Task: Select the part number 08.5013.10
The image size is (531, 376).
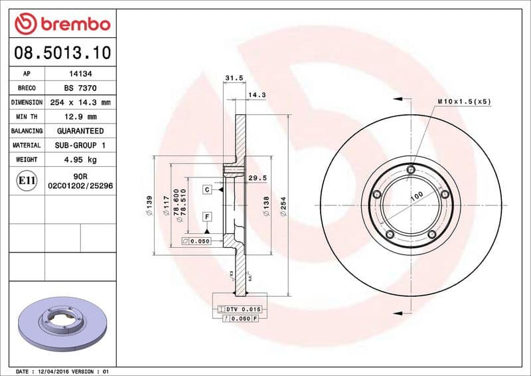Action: tap(62, 52)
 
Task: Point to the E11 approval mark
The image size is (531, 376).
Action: tap(27, 180)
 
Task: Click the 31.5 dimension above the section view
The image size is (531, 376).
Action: tap(233, 78)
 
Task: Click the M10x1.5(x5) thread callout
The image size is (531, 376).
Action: tap(464, 102)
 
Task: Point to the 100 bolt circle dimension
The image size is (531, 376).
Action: tap(417, 195)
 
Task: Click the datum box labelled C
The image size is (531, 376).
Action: tap(206, 190)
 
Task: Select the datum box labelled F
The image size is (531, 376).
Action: tap(206, 217)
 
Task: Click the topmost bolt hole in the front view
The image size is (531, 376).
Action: tap(411, 170)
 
